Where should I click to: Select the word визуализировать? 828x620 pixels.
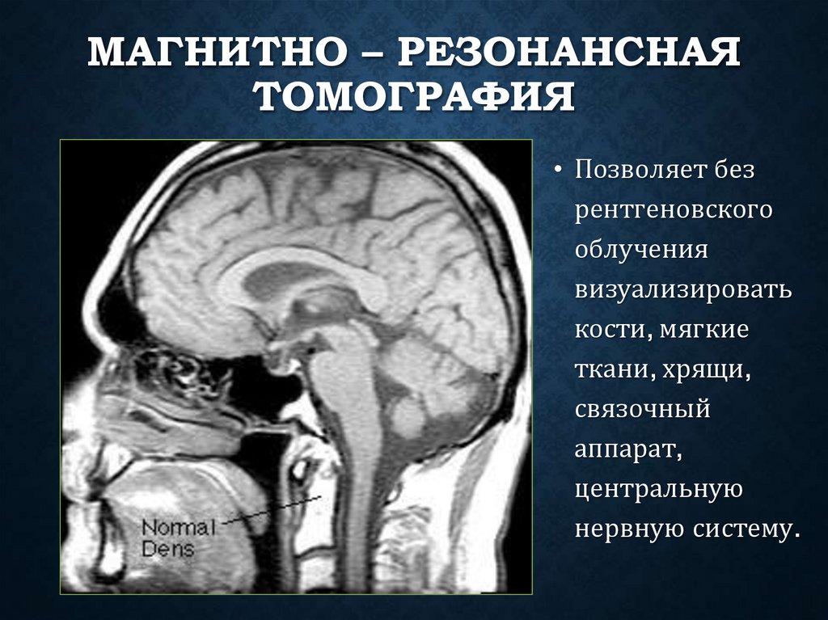[684, 290]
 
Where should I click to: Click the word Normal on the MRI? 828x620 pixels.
[179, 529]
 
